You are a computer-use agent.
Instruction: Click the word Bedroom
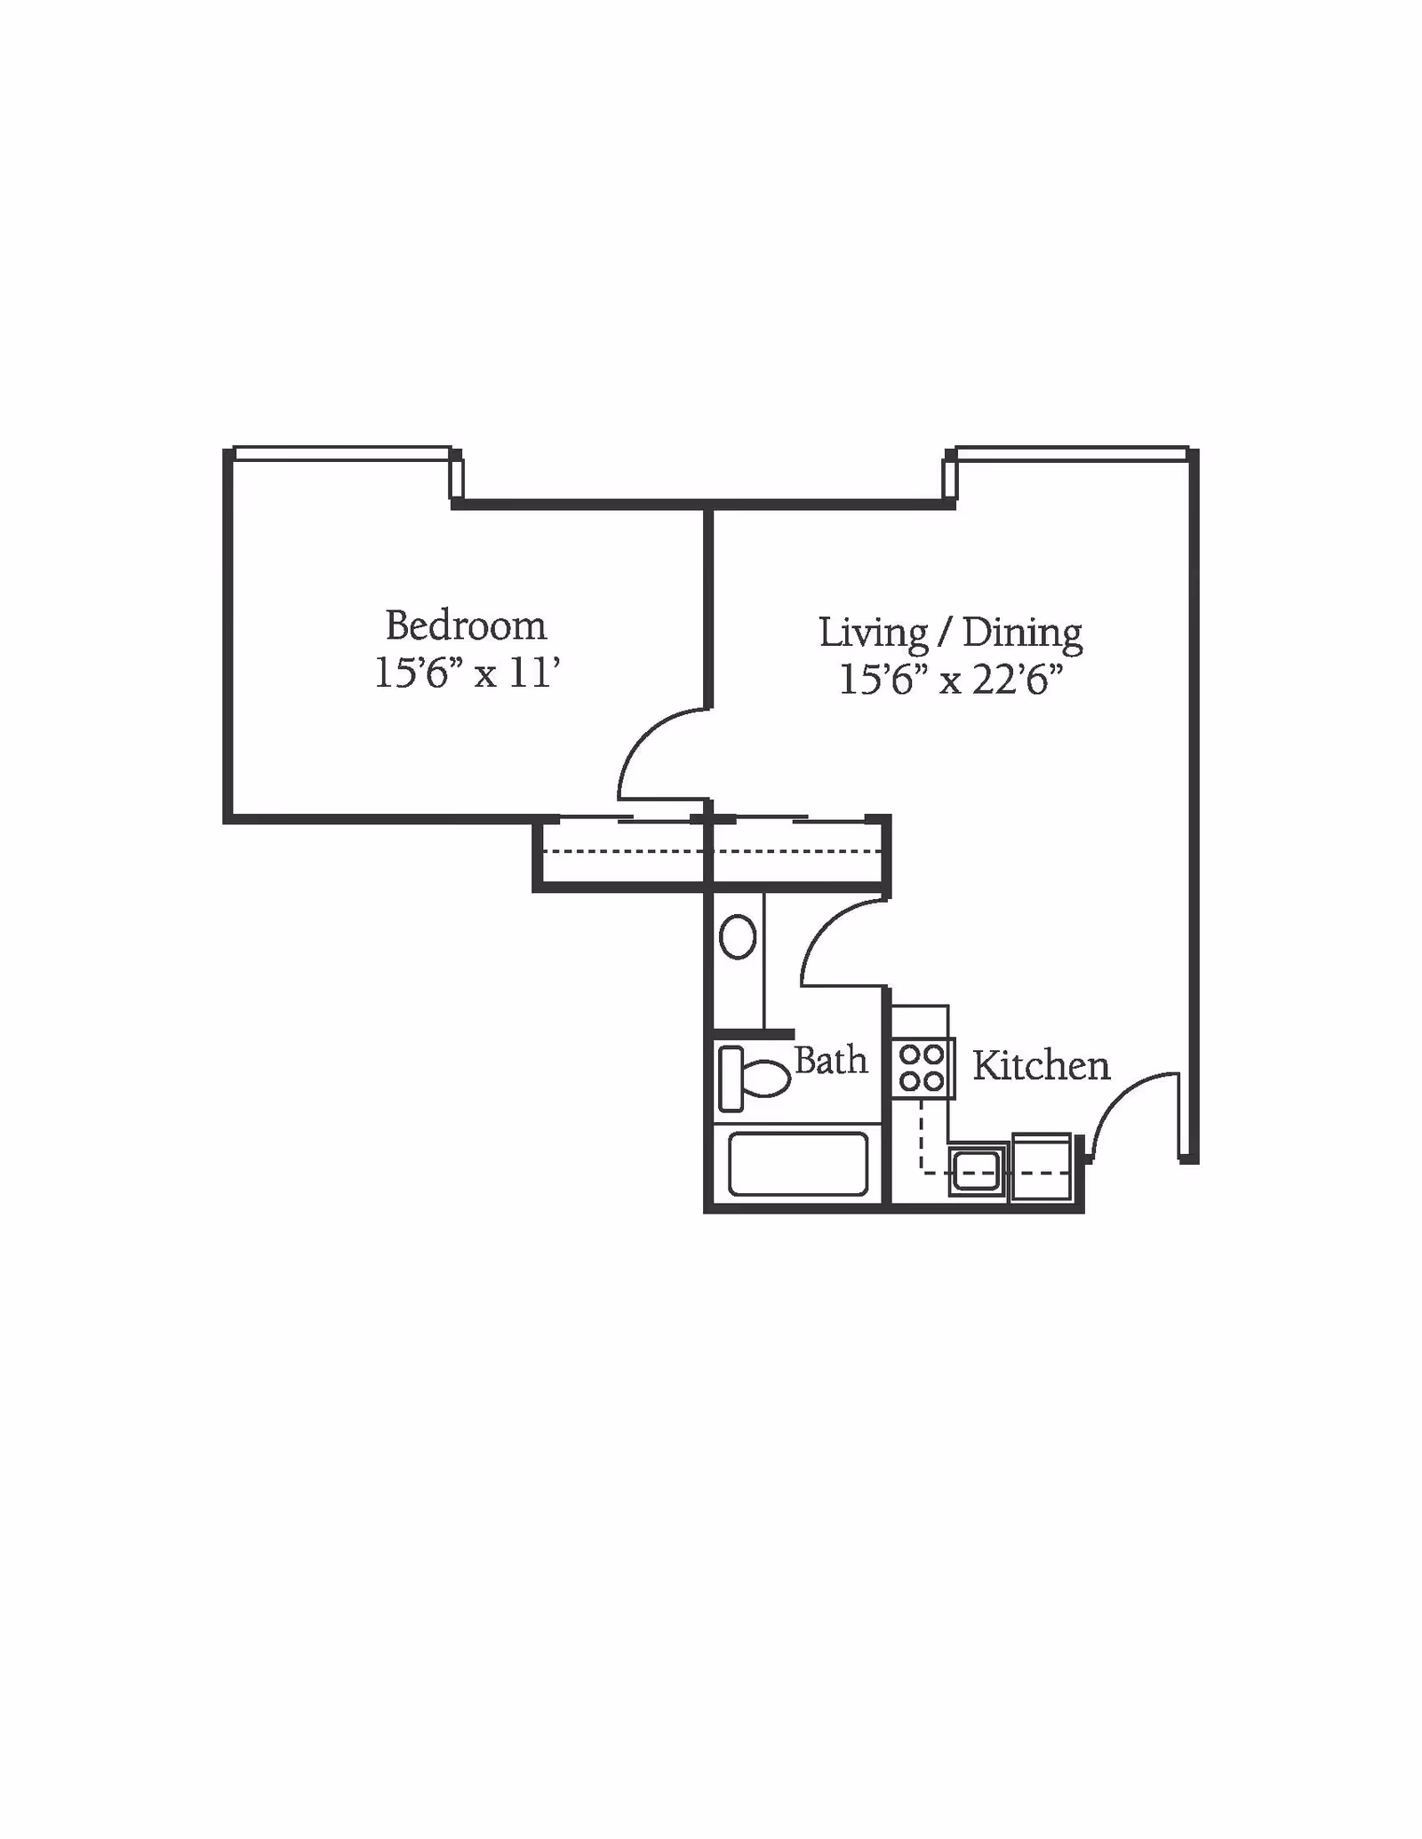click(466, 626)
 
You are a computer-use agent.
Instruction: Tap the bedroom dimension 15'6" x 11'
click(467, 673)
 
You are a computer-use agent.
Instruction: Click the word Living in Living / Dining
click(874, 633)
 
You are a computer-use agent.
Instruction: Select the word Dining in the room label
click(1023, 633)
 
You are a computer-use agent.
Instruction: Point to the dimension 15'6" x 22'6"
click(951, 681)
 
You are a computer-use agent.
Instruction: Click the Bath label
click(830, 1060)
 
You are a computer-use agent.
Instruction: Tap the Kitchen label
click(1041, 1065)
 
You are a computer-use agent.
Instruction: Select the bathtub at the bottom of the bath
click(798, 1163)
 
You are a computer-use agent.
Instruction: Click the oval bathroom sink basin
click(738, 936)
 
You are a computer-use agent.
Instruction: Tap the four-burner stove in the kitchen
click(923, 1068)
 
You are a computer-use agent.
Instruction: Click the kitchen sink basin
click(977, 1170)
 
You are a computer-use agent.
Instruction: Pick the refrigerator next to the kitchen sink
click(1042, 1166)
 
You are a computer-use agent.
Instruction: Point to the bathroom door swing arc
click(825, 925)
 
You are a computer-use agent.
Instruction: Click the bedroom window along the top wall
click(342, 454)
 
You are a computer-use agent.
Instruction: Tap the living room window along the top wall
click(1073, 454)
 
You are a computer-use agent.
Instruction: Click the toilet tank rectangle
click(731, 1079)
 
